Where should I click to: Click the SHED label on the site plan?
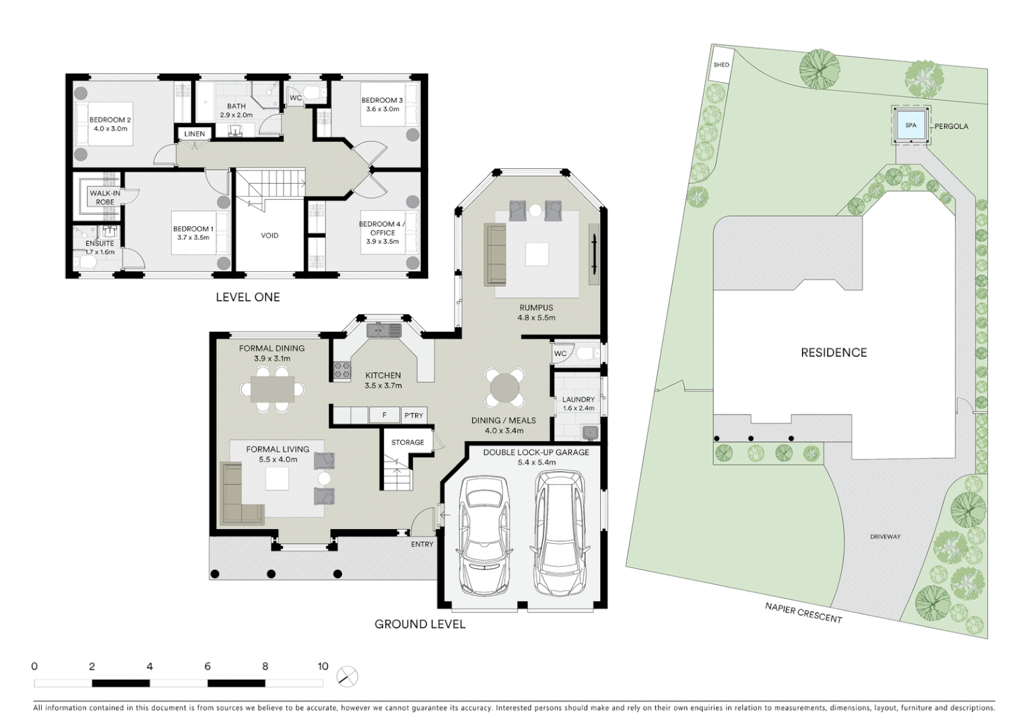click(721, 65)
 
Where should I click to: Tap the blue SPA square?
click(910, 125)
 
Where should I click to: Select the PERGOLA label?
click(951, 126)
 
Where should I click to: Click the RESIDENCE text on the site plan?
click(833, 352)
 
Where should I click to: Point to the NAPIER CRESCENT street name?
click(803, 613)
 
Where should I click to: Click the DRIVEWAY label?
click(885, 536)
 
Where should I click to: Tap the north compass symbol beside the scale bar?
click(347, 676)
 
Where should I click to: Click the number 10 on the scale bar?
click(323, 666)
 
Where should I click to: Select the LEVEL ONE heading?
click(247, 297)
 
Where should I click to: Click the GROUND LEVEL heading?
click(420, 624)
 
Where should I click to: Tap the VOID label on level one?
click(269, 236)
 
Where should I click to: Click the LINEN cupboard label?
click(195, 134)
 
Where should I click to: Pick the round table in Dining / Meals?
click(505, 388)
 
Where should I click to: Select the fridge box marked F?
click(384, 415)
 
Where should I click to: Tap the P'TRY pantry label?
click(413, 415)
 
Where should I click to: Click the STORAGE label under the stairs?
click(407, 442)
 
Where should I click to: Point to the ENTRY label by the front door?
click(422, 544)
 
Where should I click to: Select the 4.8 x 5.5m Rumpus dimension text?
click(536, 318)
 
